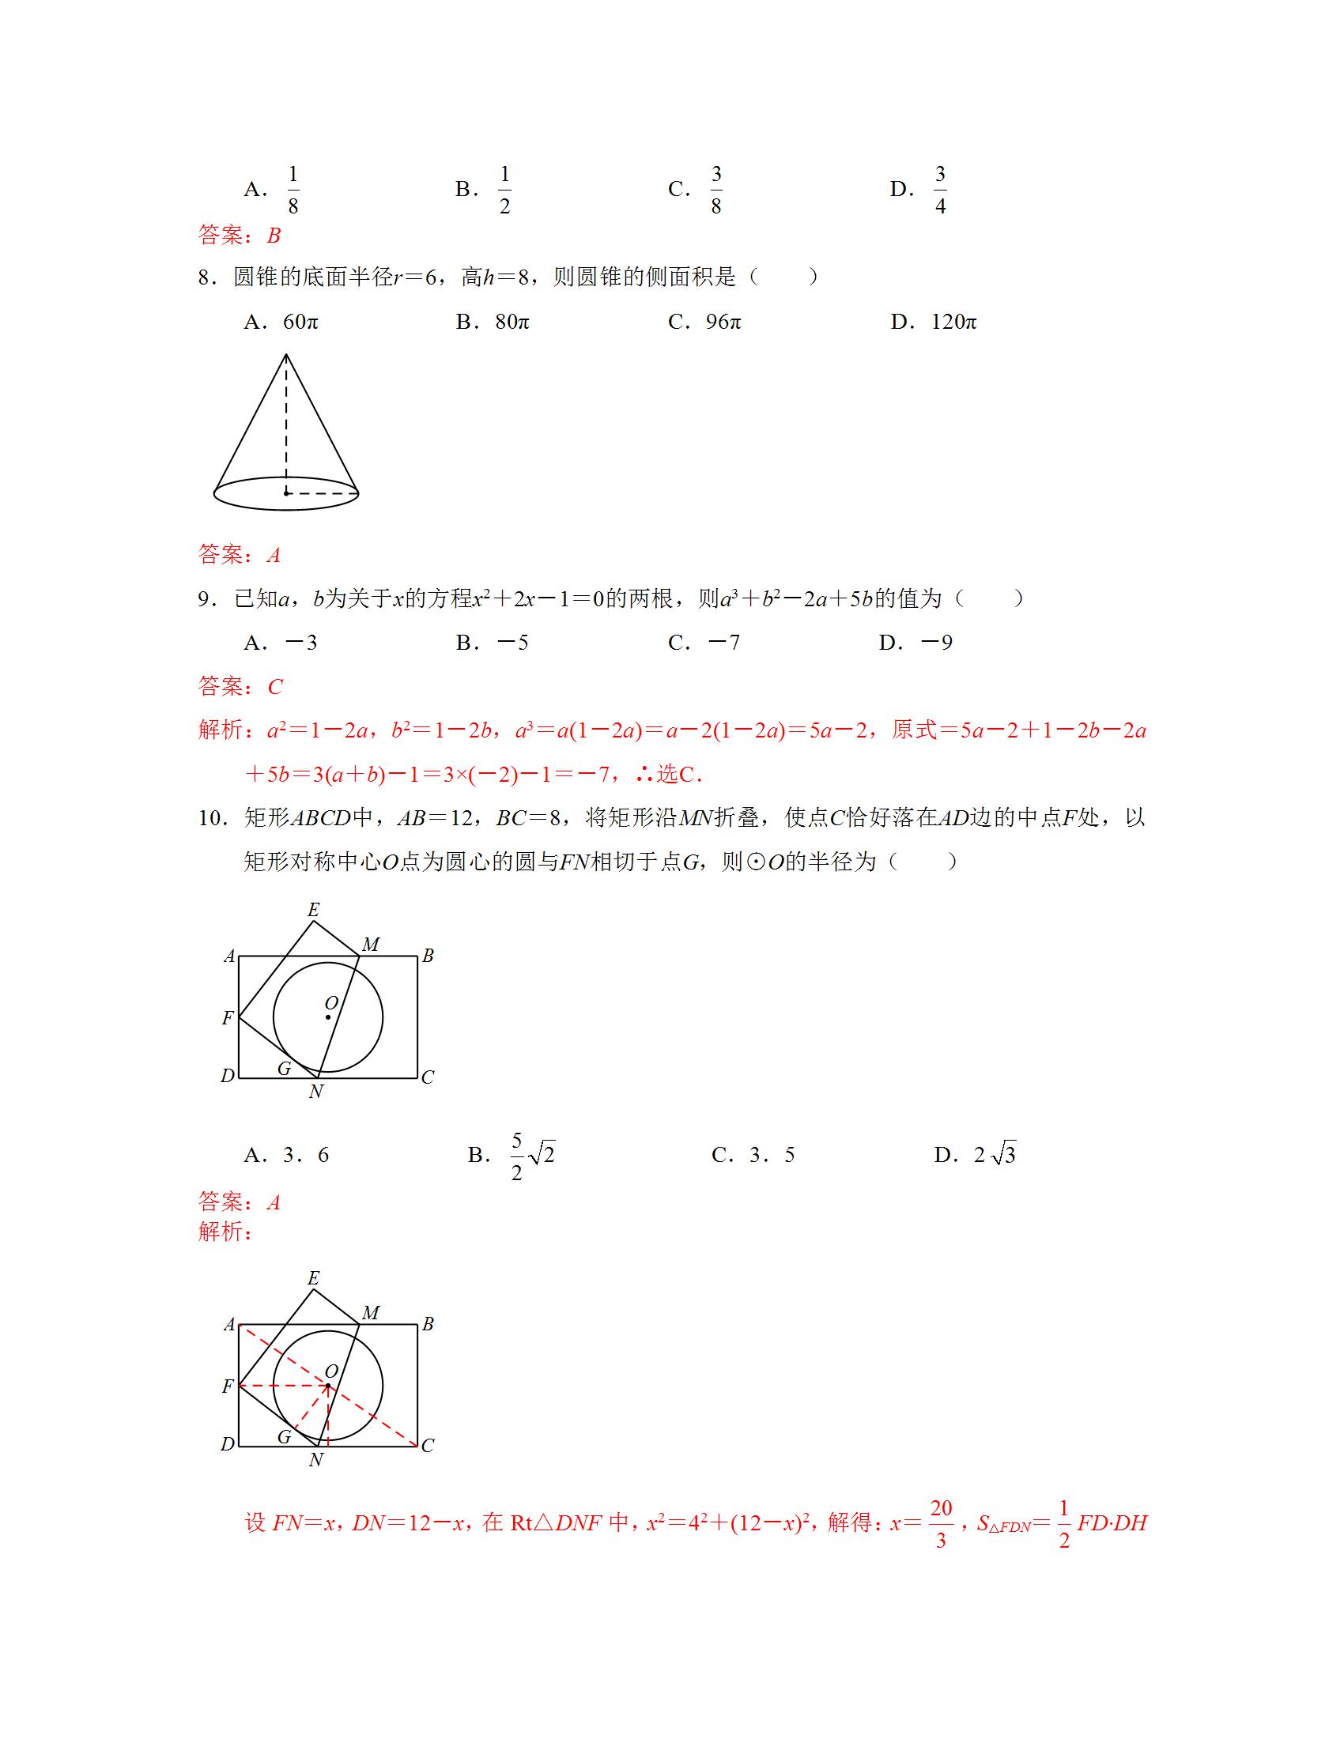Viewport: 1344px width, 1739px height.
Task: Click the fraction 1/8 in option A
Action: click(293, 190)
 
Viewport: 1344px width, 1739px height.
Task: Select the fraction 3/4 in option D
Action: click(940, 190)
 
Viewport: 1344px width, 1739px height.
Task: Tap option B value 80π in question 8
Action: click(512, 322)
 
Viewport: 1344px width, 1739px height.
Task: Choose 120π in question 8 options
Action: click(954, 322)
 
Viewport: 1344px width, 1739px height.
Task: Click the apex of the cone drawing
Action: click(286, 355)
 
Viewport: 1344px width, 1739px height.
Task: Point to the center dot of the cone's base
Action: click(286, 493)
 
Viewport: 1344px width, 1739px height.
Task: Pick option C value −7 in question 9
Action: click(723, 643)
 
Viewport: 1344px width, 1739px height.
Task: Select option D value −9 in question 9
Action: click(936, 643)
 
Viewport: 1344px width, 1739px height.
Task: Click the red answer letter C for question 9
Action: click(275, 686)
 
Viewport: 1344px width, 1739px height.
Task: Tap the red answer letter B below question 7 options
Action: click(274, 236)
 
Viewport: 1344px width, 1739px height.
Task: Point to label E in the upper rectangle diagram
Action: click(313, 909)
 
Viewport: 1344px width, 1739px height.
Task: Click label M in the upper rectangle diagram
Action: click(371, 945)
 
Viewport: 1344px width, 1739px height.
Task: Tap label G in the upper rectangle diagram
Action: click(285, 1069)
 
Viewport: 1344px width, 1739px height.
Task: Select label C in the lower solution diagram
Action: click(428, 1445)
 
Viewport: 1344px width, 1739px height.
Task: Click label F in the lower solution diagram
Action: click(228, 1386)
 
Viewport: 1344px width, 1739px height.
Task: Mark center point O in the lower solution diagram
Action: click(328, 1386)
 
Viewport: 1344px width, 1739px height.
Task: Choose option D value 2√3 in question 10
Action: click(995, 1155)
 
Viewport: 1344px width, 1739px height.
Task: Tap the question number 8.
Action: click(206, 277)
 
